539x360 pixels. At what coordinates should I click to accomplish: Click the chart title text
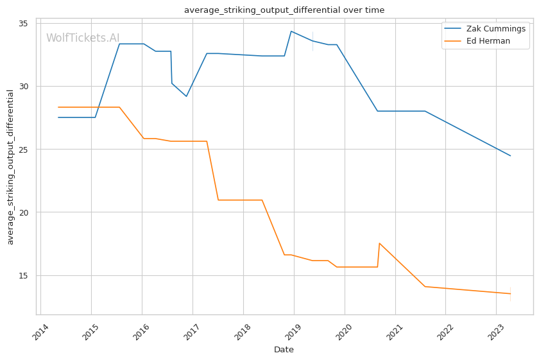click(x=284, y=10)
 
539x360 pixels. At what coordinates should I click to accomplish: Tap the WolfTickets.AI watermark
click(x=83, y=38)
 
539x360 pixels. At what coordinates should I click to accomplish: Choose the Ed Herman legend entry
click(x=488, y=41)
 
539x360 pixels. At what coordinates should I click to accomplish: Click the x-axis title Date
click(x=284, y=350)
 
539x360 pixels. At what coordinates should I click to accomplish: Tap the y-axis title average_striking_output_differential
click(x=10, y=167)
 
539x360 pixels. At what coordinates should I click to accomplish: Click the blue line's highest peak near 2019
click(x=291, y=31)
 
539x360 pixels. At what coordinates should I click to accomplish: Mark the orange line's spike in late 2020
click(x=379, y=243)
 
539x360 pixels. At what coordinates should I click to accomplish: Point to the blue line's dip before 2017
click(x=186, y=96)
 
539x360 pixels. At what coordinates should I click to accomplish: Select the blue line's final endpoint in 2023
click(x=510, y=155)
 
